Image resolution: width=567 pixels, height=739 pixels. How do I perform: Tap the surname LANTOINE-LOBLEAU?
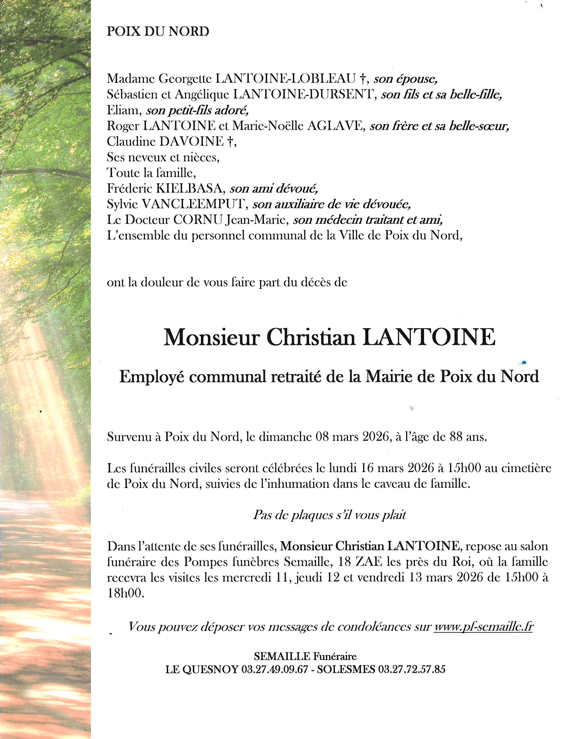(x=285, y=79)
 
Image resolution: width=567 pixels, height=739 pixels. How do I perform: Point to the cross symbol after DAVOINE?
(x=229, y=142)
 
